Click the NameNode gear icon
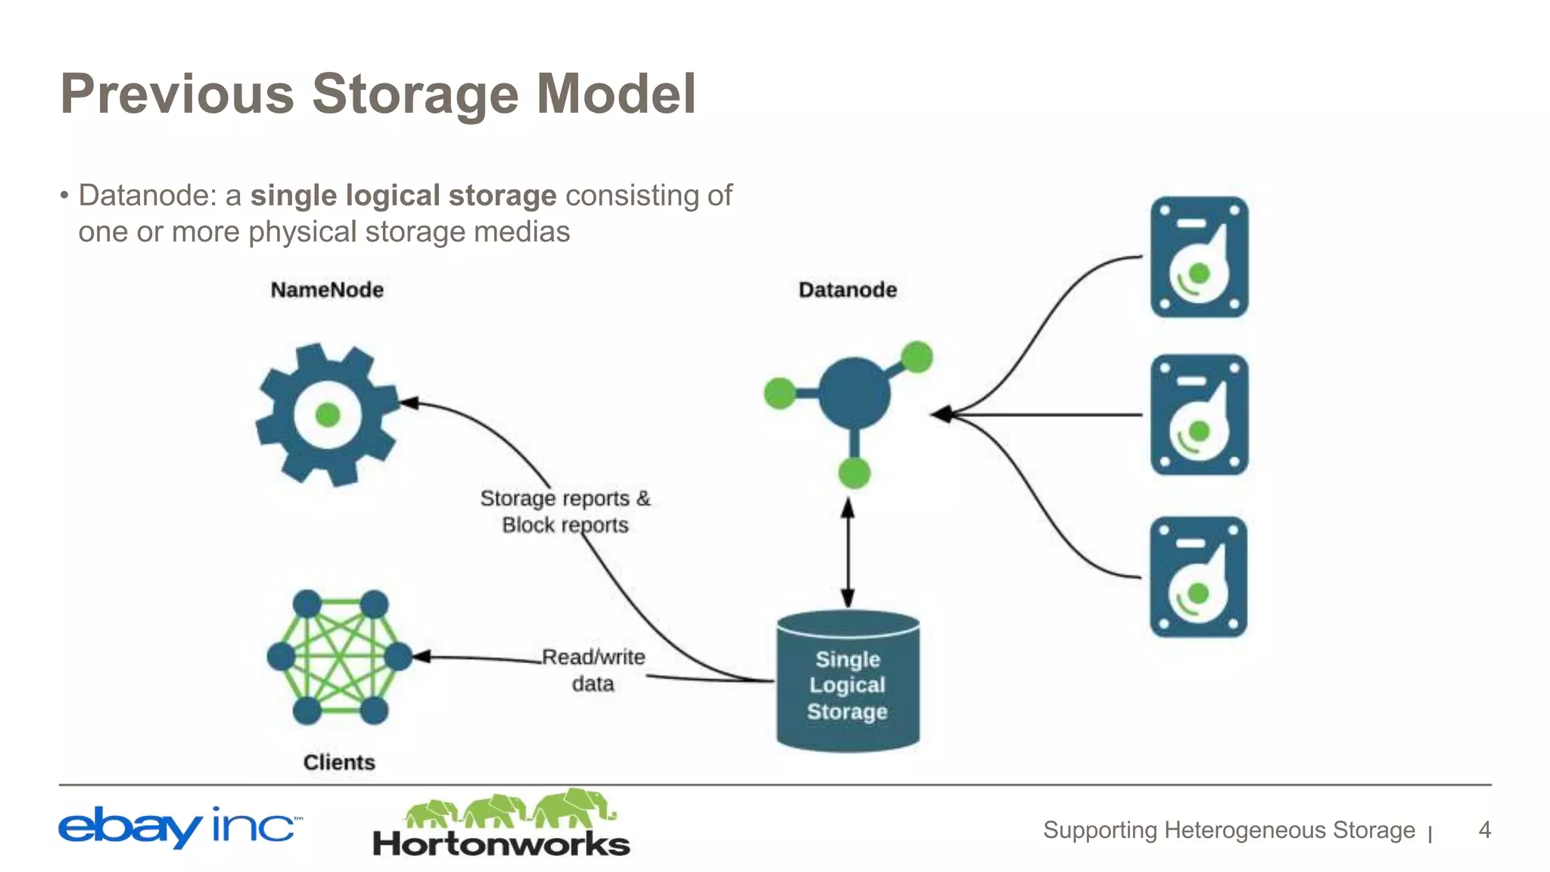(327, 415)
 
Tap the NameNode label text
(327, 290)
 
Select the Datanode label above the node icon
(848, 290)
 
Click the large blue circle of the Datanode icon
(854, 394)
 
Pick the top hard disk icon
(1199, 257)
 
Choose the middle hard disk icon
(1199, 415)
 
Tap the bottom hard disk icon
(1198, 577)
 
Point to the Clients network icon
(340, 657)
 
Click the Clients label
(339, 762)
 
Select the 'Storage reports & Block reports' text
(565, 512)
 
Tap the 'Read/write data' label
(593, 670)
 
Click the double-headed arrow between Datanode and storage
(848, 553)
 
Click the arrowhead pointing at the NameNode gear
(409, 403)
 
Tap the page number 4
(1484, 830)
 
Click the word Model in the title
(616, 94)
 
